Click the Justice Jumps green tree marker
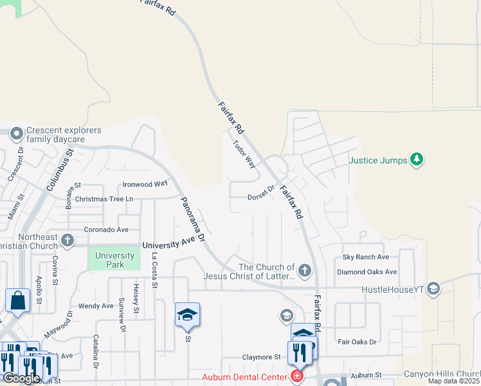tap(417, 158)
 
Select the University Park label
tap(114, 260)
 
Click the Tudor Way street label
tap(244, 154)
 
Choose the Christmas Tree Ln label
tap(104, 199)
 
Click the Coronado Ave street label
tap(106, 229)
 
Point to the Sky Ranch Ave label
tap(365, 257)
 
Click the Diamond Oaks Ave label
tap(367, 271)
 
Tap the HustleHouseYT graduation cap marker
tap(433, 288)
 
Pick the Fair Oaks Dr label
tap(357, 342)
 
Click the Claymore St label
tap(262, 356)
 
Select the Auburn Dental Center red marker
tap(297, 376)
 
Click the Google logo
tap(21, 378)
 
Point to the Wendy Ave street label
tap(95, 306)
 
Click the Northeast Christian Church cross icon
tap(67, 241)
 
